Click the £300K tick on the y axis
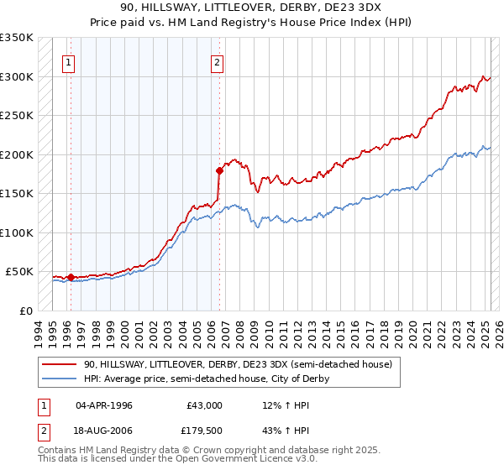pos(17,76)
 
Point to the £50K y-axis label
pos(19,272)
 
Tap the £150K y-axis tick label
pos(17,194)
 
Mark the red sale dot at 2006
pos(219,170)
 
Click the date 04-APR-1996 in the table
pos(104,405)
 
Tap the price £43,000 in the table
pos(204,405)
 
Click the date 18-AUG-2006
pos(104,430)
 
